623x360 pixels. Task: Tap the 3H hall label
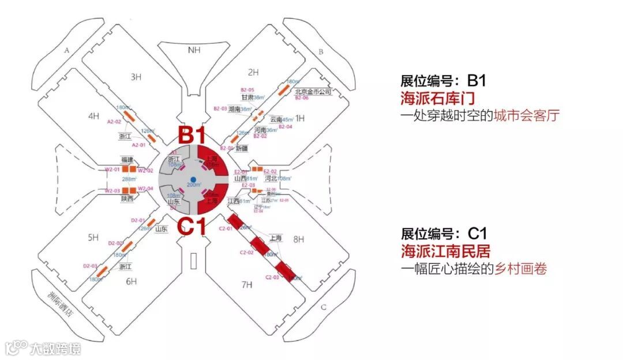[x=136, y=77]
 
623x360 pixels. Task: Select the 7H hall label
[x=247, y=284]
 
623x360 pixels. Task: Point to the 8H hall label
[x=298, y=238]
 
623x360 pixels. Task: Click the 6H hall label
[x=132, y=282]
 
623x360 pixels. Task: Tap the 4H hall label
[x=93, y=117]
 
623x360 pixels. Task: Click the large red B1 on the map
[x=192, y=136]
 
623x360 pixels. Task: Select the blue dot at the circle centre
[x=194, y=179]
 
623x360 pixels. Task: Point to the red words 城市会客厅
[x=527, y=115]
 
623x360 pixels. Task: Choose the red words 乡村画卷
[x=520, y=269]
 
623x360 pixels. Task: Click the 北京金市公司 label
[x=313, y=92]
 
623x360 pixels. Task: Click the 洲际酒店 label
[x=64, y=301]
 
